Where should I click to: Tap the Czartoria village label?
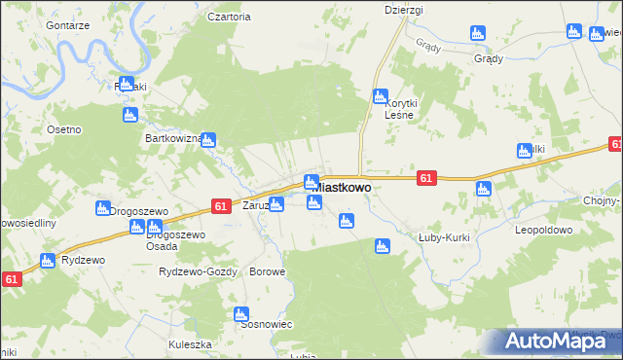point(230,17)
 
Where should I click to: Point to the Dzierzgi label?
point(403,10)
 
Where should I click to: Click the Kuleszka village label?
point(190,344)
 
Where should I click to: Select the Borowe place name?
point(268,271)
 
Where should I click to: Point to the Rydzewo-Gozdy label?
point(198,271)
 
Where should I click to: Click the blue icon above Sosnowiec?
point(241,314)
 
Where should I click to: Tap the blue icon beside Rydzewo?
point(47,261)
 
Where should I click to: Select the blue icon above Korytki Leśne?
point(380,96)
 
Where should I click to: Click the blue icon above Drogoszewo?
point(102,207)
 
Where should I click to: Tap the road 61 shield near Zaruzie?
point(220,206)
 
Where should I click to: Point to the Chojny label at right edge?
point(603,201)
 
